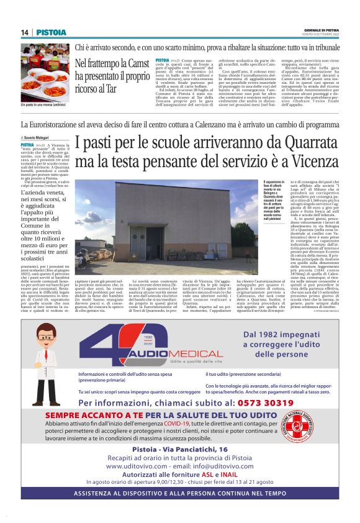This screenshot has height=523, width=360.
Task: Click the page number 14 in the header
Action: pyautogui.click(x=25, y=32)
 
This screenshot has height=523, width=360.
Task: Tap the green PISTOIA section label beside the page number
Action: pyautogui.click(x=47, y=32)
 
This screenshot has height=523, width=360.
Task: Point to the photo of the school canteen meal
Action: pyautogui.click(x=45, y=65)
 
